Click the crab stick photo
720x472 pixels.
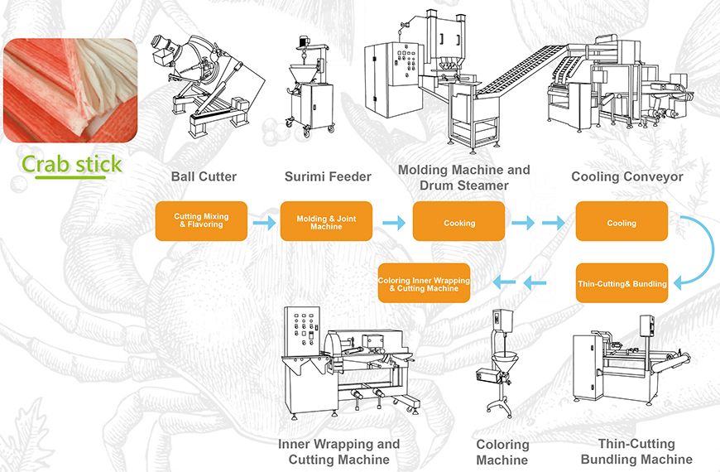pyautogui.click(x=70, y=90)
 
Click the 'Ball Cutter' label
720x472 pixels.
pyautogui.click(x=204, y=176)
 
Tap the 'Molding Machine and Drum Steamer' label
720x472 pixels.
pyautogui.click(x=464, y=177)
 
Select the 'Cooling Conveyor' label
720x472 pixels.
pyautogui.click(x=626, y=176)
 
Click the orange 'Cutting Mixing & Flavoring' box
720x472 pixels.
pyautogui.click(x=201, y=220)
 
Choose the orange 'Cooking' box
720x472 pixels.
pyautogui.click(x=459, y=222)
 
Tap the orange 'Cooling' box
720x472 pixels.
pyautogui.click(x=622, y=222)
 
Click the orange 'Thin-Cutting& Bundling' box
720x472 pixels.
pyautogui.click(x=622, y=284)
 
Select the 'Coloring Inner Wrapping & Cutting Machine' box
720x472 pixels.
pyautogui.click(x=424, y=284)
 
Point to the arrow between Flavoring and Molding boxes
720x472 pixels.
pyautogui.click(x=264, y=222)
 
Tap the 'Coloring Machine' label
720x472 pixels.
pyautogui.click(x=502, y=452)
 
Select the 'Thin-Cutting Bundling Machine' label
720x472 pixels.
pyautogui.click(x=636, y=451)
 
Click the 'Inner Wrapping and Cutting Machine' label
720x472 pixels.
pyautogui.click(x=338, y=452)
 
